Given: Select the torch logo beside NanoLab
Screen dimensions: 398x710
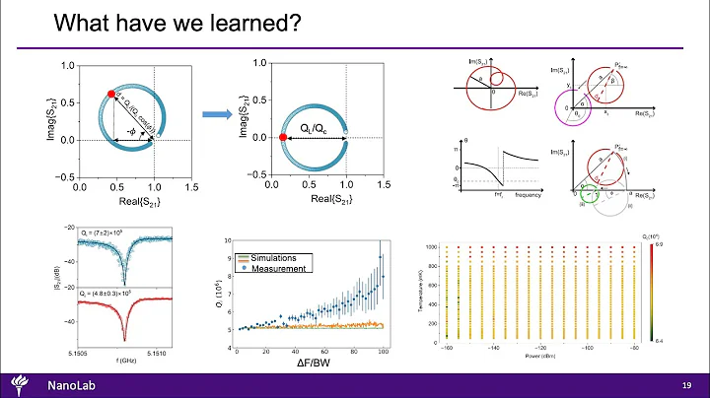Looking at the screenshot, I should click(20, 382).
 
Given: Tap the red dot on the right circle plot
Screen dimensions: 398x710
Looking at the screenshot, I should click(284, 138).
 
